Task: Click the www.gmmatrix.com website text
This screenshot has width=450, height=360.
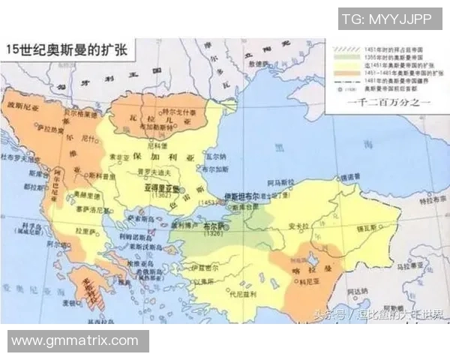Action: tap(75, 340)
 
